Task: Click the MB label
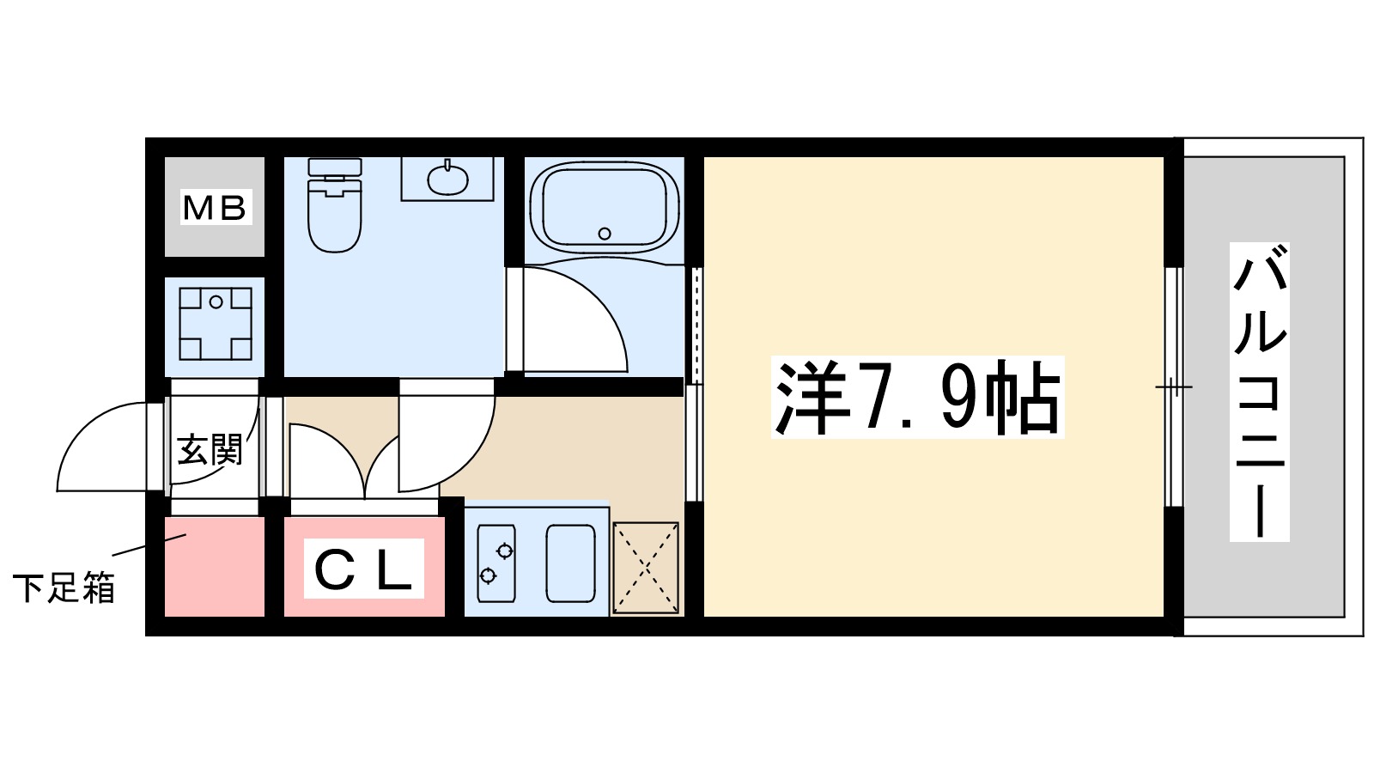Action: click(x=215, y=208)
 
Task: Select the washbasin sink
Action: click(x=447, y=179)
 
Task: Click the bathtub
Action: click(x=605, y=206)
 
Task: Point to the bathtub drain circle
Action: click(x=605, y=233)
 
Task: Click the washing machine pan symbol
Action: click(x=216, y=323)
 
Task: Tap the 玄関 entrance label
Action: click(x=210, y=449)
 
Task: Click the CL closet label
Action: click(x=364, y=569)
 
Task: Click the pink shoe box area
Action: click(x=215, y=571)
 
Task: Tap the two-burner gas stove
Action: click(x=496, y=563)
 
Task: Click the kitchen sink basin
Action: click(x=571, y=563)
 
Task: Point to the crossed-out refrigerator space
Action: click(x=646, y=568)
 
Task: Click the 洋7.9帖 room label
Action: click(x=917, y=398)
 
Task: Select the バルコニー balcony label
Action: click(x=1260, y=391)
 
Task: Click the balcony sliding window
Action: click(x=1173, y=386)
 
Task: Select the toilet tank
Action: click(x=335, y=167)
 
